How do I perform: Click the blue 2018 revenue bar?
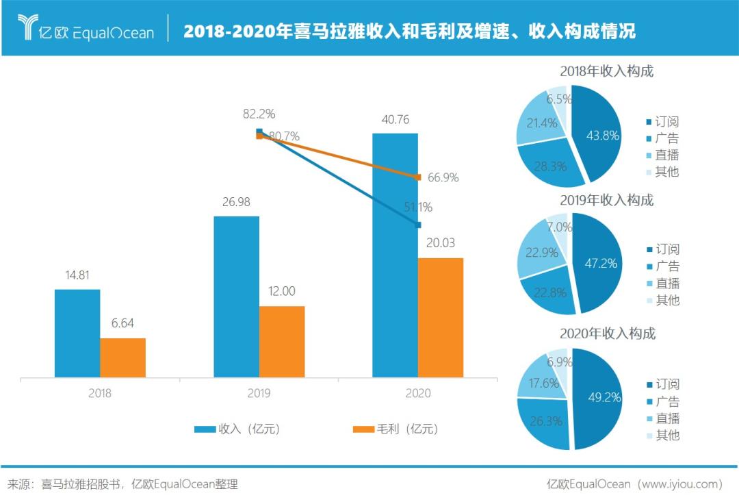pos(77,334)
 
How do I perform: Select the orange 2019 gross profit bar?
pos(281,342)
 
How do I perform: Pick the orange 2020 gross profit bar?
pos(440,318)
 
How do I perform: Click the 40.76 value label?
pos(395,120)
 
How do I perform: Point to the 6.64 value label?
pos(122,324)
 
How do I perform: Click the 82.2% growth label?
pos(259,114)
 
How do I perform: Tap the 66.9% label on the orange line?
pos(443,177)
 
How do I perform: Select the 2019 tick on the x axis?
pos(259,394)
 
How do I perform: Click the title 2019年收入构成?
pos(606,200)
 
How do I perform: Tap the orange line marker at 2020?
pos(418,177)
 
